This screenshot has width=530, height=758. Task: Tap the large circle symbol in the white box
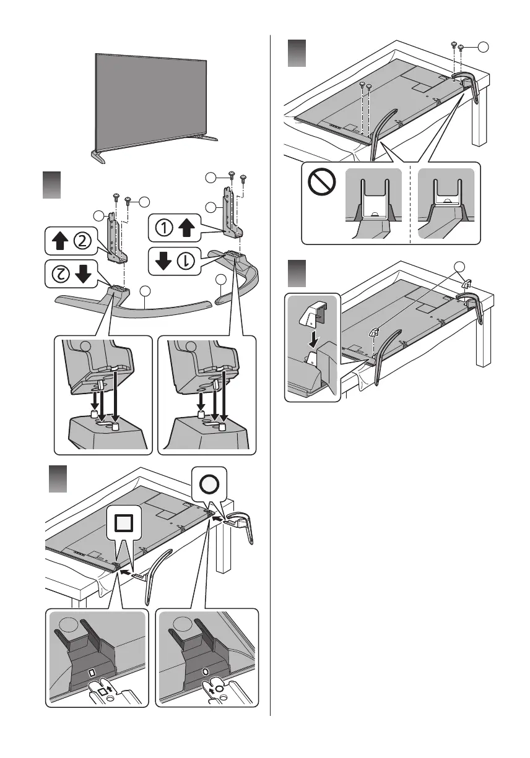point(208,484)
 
